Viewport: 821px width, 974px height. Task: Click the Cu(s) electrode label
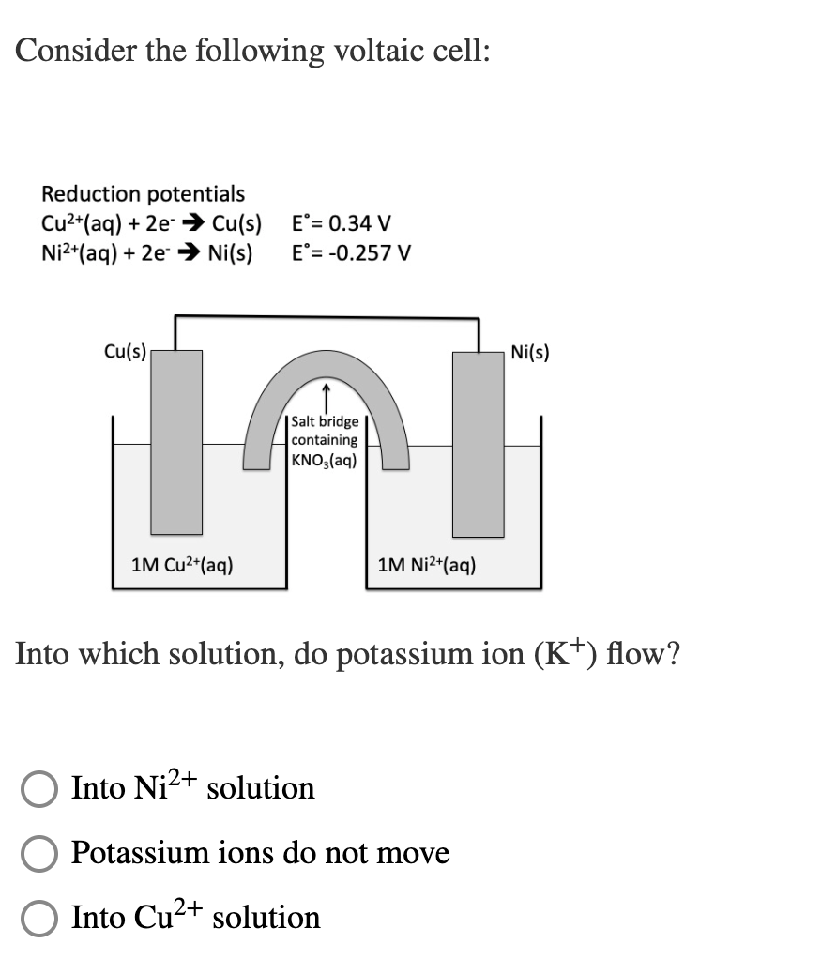click(x=124, y=352)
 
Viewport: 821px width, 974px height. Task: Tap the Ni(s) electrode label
click(x=531, y=353)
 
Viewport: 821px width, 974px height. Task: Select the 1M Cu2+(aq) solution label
click(x=183, y=565)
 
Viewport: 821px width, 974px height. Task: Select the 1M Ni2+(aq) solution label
click(x=427, y=565)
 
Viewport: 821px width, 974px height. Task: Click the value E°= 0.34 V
click(x=342, y=224)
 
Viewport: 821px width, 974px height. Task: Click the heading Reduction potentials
click(x=143, y=194)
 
